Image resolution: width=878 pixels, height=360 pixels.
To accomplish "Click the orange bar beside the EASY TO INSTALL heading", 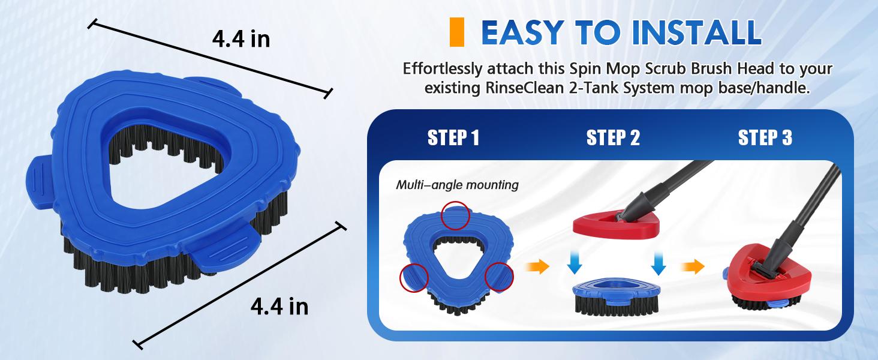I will click(x=457, y=32).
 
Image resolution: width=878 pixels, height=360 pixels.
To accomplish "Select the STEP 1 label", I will click(x=453, y=138).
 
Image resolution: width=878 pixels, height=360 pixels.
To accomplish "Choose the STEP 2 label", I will click(x=613, y=138).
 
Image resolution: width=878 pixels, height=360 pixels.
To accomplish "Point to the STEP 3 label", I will click(x=765, y=138).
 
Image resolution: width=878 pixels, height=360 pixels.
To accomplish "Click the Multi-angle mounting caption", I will click(x=457, y=185).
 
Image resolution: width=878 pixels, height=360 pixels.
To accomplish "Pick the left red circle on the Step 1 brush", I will click(x=414, y=277).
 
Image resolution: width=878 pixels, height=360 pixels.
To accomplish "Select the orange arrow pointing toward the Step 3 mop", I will click(x=692, y=266).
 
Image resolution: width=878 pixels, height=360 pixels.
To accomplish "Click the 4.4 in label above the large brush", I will click(x=241, y=40).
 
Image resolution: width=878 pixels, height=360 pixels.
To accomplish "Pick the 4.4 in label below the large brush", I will click(x=279, y=307).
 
